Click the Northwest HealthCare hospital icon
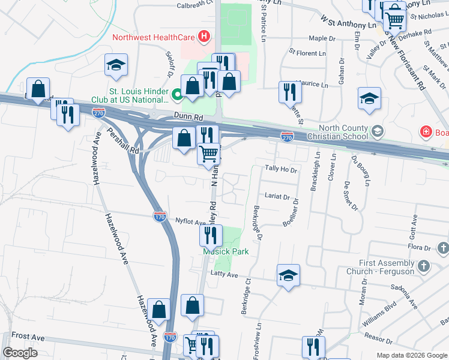pyautogui.click(x=205, y=37)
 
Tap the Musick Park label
pyautogui.click(x=225, y=251)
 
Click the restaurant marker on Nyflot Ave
pyautogui.click(x=211, y=235)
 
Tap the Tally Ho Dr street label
pyautogui.click(x=282, y=170)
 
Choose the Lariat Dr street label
pyautogui.click(x=277, y=196)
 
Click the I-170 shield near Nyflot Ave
pyautogui.click(x=160, y=216)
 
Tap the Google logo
pyautogui.click(x=20, y=353)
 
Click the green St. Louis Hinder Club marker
pyautogui.click(x=178, y=95)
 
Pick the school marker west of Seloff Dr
pyautogui.click(x=116, y=65)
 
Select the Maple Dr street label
pyautogui.click(x=322, y=38)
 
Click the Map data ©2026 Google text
pyautogui.click(x=412, y=355)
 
